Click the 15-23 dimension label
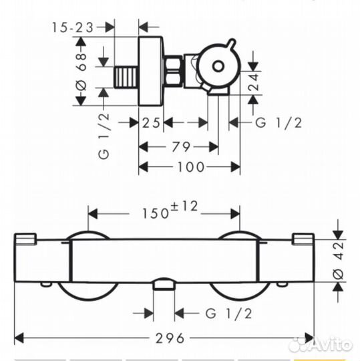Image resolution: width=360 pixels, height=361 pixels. click(x=73, y=27)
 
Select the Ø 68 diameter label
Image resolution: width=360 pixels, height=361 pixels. click(x=81, y=72)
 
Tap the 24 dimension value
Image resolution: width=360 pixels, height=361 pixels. click(x=253, y=82)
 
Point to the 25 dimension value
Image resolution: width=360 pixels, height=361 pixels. click(x=151, y=122)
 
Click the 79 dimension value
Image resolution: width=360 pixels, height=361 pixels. click(x=181, y=146)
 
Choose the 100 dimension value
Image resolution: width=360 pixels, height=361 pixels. click(x=191, y=167)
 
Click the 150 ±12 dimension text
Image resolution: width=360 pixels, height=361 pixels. click(x=170, y=210)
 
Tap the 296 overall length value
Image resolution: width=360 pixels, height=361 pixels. click(x=170, y=338)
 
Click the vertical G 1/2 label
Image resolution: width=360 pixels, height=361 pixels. click(x=104, y=136)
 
